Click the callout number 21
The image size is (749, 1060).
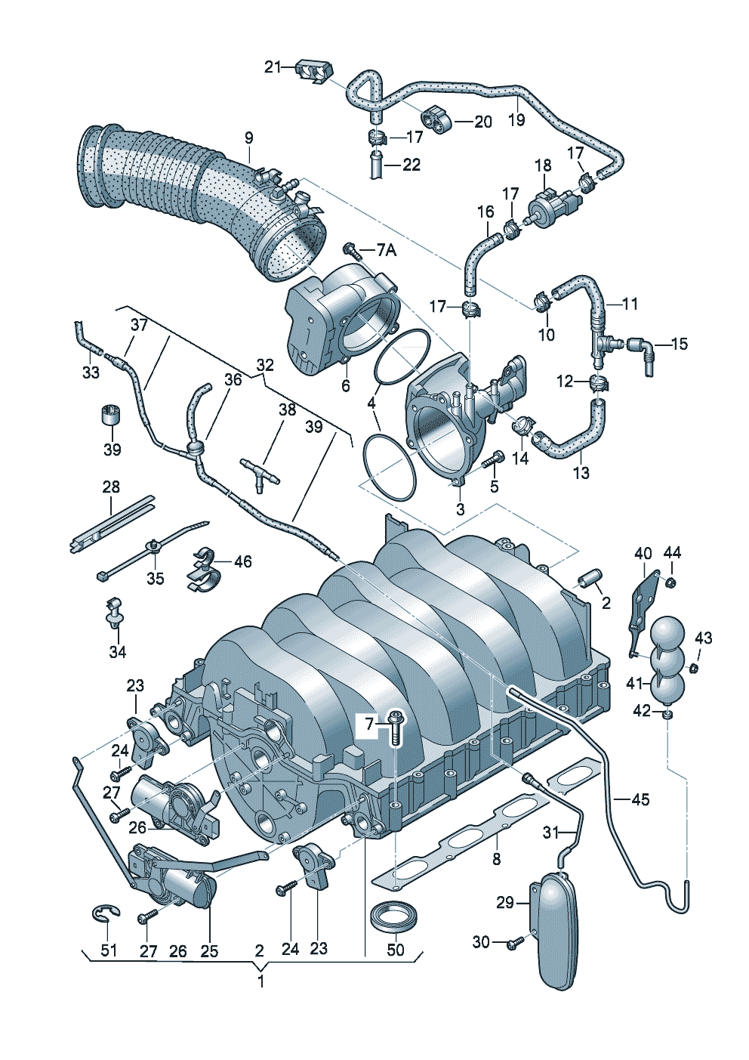(273, 68)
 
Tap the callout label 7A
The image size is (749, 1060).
(387, 250)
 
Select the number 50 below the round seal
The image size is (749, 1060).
(395, 949)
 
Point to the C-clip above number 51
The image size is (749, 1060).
(105, 916)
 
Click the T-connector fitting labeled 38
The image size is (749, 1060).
(260, 475)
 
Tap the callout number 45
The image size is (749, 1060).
(640, 800)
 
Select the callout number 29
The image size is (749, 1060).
(505, 903)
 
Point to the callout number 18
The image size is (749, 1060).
(544, 165)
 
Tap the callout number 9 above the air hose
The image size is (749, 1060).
(248, 138)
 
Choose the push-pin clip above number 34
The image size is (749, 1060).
(113, 613)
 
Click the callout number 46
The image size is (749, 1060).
(244, 561)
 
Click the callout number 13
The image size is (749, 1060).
(581, 472)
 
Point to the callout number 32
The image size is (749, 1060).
(265, 364)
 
